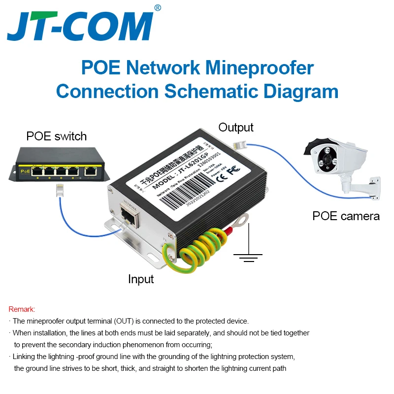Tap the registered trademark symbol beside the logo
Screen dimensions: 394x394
pyautogui.click(x=158, y=7)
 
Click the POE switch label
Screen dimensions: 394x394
pyautogui.click(x=56, y=136)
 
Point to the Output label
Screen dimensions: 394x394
pyautogui.click(x=236, y=128)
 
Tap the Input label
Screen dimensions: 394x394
pyautogui.click(x=141, y=279)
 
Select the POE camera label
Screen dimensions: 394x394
pyautogui.click(x=346, y=216)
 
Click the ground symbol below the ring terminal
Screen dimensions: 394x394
pyautogui.click(x=247, y=254)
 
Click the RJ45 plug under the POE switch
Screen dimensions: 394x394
pyautogui.click(x=59, y=190)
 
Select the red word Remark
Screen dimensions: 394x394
pyautogui.click(x=22, y=309)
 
